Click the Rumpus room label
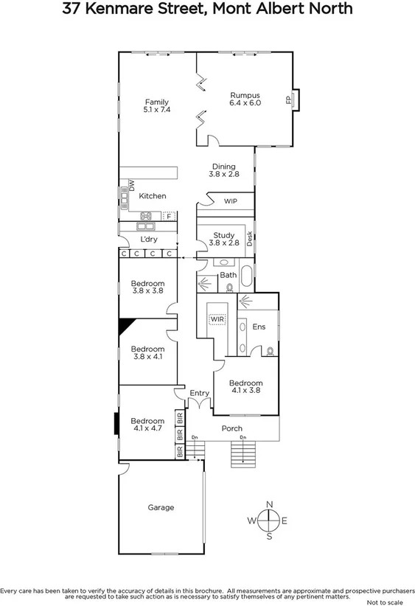coord(245,94)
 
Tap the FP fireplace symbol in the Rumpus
coord(288,100)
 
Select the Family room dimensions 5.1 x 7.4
coord(157,110)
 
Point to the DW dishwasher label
coord(132,187)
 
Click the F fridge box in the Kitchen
coord(169,216)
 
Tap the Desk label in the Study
coord(250,237)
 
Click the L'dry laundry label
coord(150,240)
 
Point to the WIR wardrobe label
coord(217,319)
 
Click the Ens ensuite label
coord(259,327)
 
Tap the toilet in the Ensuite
coord(271,351)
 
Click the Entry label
coord(200,394)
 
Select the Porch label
coord(232,428)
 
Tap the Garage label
coord(161,507)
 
